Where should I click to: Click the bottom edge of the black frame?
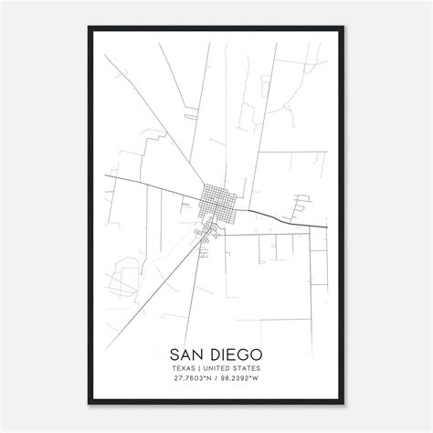point(216,403)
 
